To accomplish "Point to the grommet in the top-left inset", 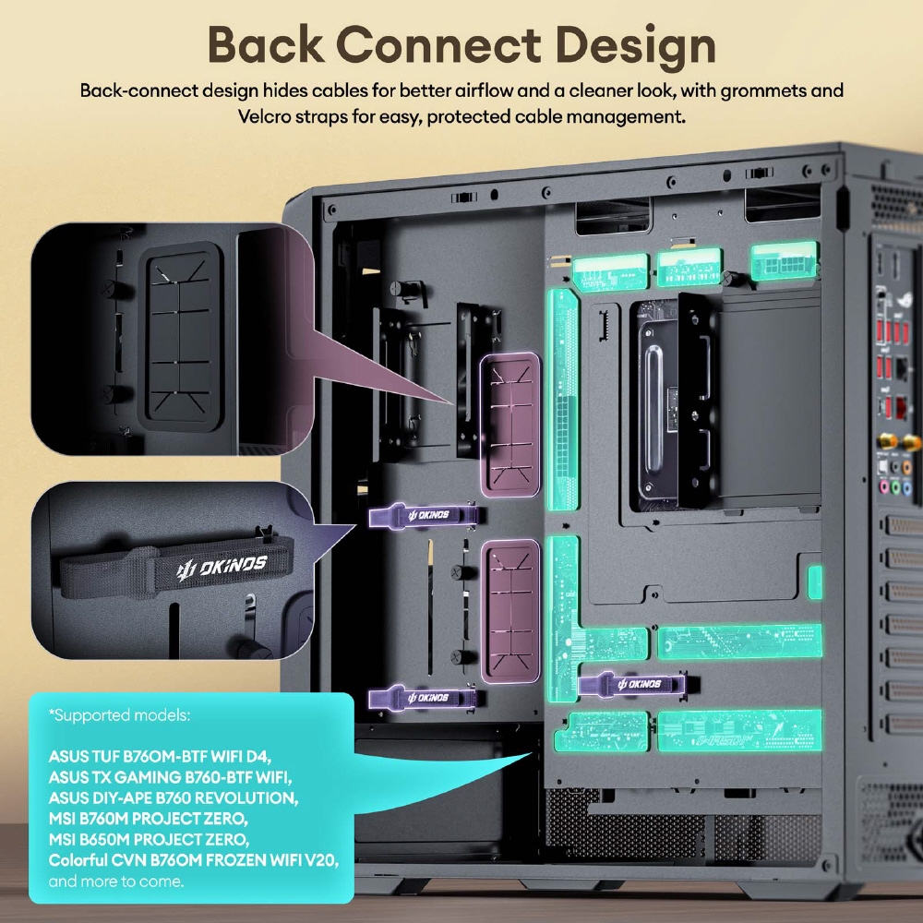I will (182, 336).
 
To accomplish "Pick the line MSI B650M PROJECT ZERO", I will (149, 839).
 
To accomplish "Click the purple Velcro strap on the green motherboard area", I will (632, 684).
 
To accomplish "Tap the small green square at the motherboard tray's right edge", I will (815, 583).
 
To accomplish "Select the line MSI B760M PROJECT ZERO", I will (149, 818).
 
